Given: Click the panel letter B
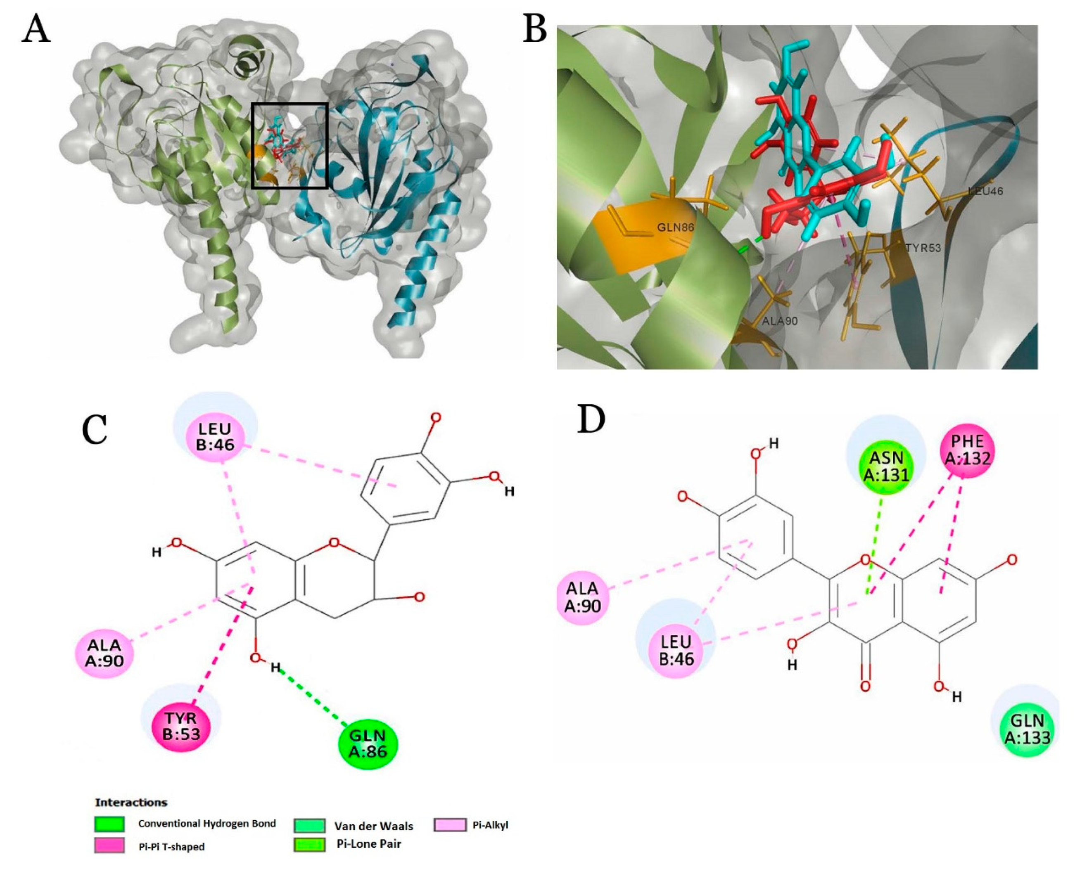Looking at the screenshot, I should pyautogui.click(x=534, y=30).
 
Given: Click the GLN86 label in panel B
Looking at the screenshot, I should pyautogui.click(x=676, y=227).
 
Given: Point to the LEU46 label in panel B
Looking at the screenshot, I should pyautogui.click(x=985, y=191).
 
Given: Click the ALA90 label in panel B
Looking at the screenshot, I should pyautogui.click(x=780, y=321).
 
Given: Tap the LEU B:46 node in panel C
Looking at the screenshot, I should pyautogui.click(x=215, y=436).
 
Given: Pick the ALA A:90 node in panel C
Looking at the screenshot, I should pyautogui.click(x=106, y=654).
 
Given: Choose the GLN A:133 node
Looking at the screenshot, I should pyautogui.click(x=1028, y=728).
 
